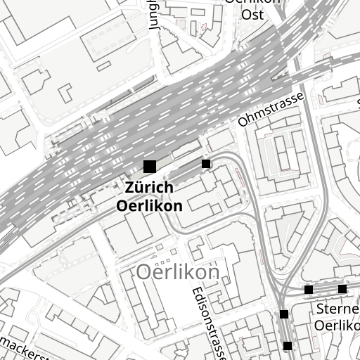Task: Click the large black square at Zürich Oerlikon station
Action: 149,167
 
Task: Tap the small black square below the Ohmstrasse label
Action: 206,164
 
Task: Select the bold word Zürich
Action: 149,188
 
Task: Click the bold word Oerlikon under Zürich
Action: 149,206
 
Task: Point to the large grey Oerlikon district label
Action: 178,271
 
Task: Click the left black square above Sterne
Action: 309,290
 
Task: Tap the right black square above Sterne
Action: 342,289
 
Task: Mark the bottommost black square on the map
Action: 288,345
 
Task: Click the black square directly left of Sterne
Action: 284,314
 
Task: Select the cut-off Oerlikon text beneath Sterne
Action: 337,326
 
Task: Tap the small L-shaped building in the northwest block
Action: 65,92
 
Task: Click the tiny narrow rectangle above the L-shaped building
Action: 103,66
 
